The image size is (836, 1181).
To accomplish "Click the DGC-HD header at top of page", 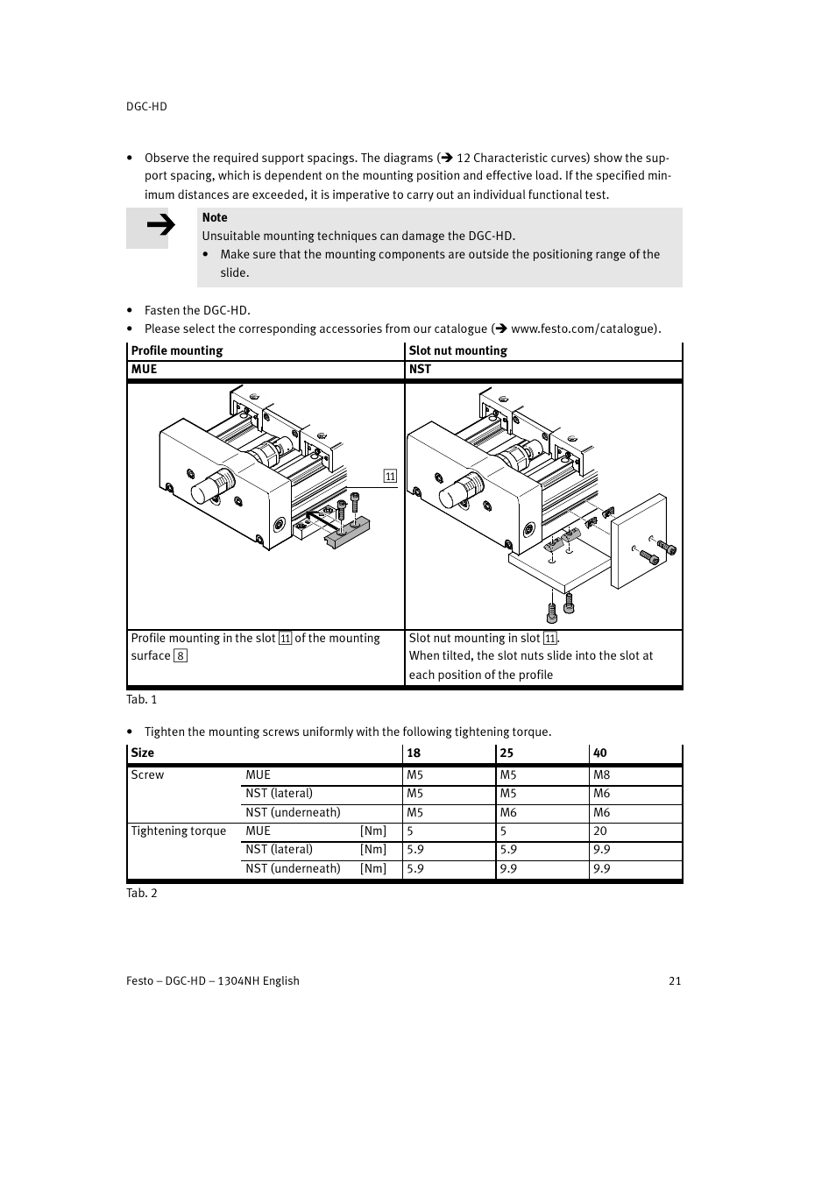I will [x=146, y=106].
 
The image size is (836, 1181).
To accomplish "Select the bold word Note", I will [x=215, y=217].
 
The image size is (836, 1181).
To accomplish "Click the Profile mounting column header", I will [x=177, y=350].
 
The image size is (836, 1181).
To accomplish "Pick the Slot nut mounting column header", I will [x=457, y=350].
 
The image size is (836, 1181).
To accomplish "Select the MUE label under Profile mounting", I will [x=144, y=369].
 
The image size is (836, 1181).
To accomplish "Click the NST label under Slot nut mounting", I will [x=420, y=369].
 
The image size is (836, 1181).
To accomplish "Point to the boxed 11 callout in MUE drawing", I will [x=390, y=477].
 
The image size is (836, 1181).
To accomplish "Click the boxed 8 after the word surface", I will [x=181, y=656].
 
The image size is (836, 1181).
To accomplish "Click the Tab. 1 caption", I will [x=142, y=699].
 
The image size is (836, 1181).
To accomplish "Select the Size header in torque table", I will [x=142, y=753].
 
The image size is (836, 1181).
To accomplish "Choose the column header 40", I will [x=600, y=753].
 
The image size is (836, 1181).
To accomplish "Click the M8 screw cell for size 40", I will [x=601, y=774].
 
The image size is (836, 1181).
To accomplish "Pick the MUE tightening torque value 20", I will [x=600, y=831].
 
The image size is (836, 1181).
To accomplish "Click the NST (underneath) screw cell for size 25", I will [x=508, y=812].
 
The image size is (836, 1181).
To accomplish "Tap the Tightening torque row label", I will [x=179, y=831].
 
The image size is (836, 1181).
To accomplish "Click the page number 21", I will [x=675, y=980].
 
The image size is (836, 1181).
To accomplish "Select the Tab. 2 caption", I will [x=142, y=893].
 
